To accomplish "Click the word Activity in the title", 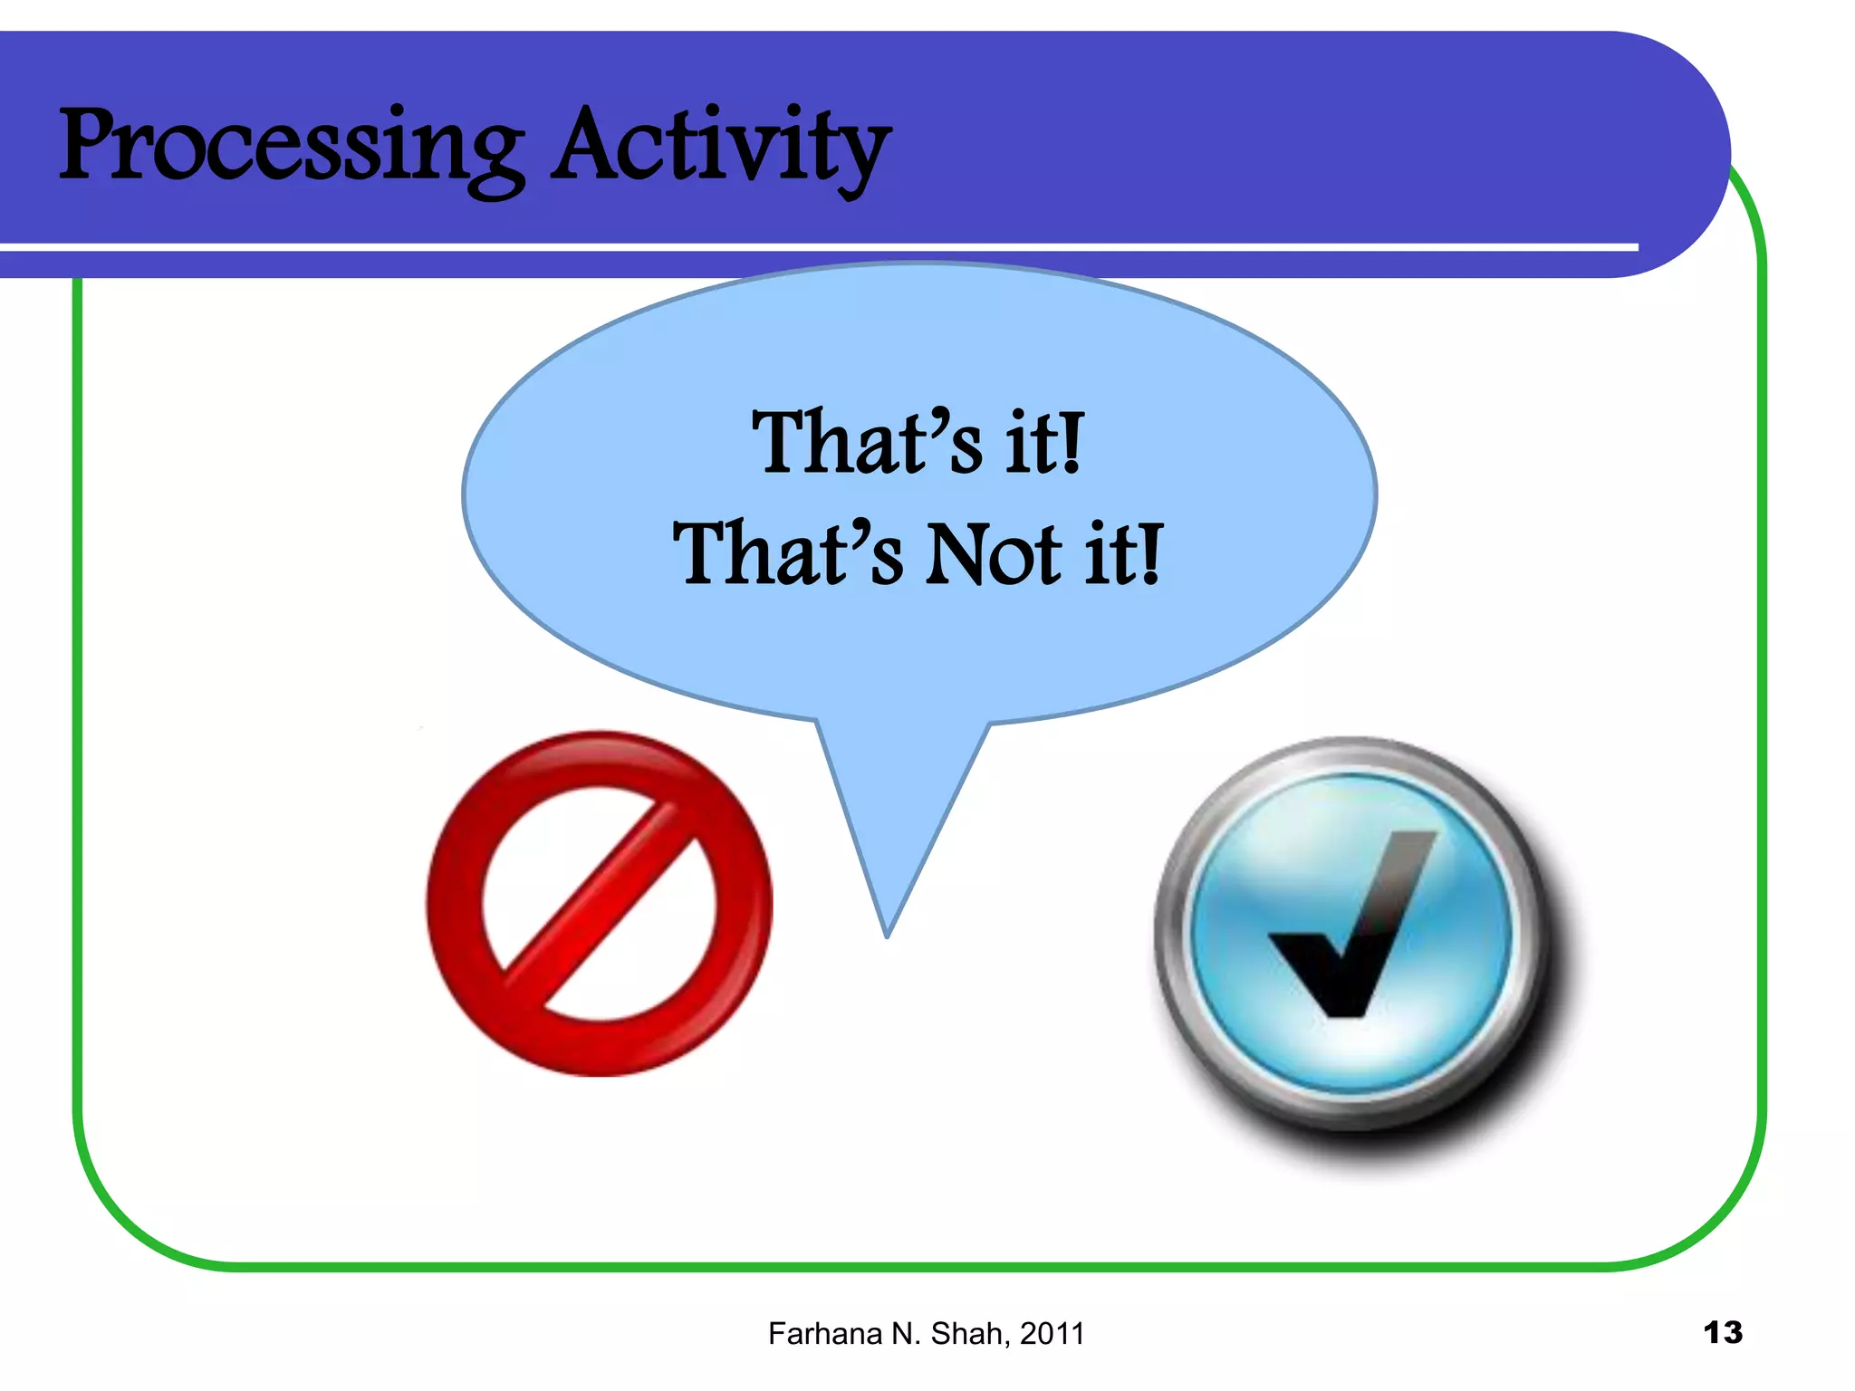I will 721,148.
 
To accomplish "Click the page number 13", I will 1722,1332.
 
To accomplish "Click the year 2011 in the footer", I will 1052,1334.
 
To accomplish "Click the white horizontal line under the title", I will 815,246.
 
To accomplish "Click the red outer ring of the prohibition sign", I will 453,906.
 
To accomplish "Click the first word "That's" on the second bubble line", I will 787,554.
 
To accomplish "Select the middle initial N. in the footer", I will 908,1334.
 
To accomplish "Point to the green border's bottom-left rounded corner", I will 127,1214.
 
